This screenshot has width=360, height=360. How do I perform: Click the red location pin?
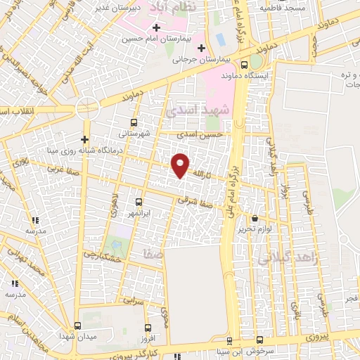(x=181, y=165)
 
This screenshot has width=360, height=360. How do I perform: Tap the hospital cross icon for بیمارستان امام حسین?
(x=156, y=28)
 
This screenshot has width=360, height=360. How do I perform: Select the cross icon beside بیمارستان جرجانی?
(x=202, y=49)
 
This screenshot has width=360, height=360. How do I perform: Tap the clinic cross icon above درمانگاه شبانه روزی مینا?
(x=85, y=139)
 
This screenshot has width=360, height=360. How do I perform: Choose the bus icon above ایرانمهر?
(x=138, y=202)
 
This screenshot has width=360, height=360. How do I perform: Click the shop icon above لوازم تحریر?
(x=255, y=219)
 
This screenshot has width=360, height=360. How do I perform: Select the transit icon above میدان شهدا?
(x=77, y=326)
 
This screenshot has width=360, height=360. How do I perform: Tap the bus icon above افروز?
(x=146, y=327)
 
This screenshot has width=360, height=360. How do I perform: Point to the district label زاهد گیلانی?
(x=289, y=259)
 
